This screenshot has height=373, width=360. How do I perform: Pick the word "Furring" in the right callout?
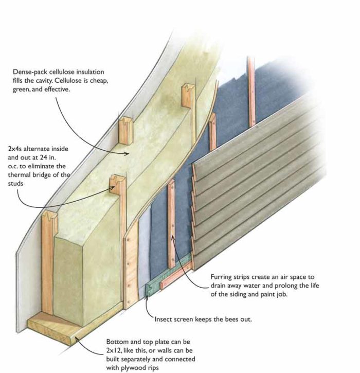[x=222, y=275]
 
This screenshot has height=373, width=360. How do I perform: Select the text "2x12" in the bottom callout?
[x=115, y=350]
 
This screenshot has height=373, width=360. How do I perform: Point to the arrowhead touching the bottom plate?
[x=76, y=337]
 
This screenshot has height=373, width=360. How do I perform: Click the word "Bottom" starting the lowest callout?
[x=117, y=341]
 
